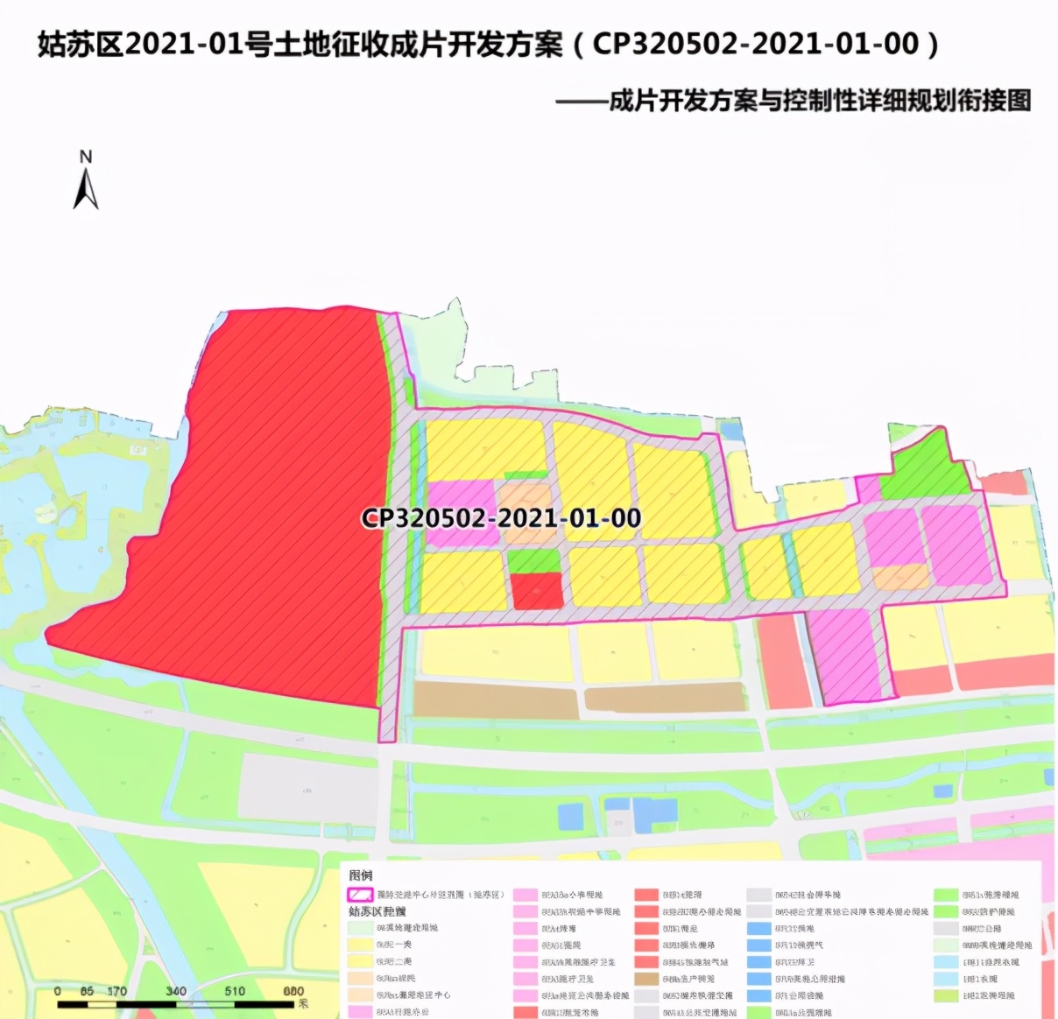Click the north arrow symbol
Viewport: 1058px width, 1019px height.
pyautogui.click(x=86, y=189)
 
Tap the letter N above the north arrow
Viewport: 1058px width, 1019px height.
pyautogui.click(x=86, y=158)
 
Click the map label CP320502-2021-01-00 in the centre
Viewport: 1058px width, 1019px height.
pyautogui.click(x=501, y=518)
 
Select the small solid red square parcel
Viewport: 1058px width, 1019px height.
pyautogui.click(x=536, y=592)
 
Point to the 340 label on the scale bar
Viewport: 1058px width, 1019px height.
pyautogui.click(x=176, y=991)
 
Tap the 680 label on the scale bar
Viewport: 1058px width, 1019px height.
pyautogui.click(x=293, y=991)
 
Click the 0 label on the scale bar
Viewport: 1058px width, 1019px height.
pyautogui.click(x=58, y=991)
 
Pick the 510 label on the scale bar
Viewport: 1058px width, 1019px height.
pyautogui.click(x=235, y=991)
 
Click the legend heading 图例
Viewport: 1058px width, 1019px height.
pyautogui.click(x=361, y=875)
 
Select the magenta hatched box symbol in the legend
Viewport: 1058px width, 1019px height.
pyautogui.click(x=361, y=895)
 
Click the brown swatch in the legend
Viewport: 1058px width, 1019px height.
pyautogui.click(x=646, y=979)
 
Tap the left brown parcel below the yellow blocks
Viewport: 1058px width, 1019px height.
pyautogui.click(x=496, y=700)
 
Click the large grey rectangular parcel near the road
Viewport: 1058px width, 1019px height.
pyautogui.click(x=308, y=786)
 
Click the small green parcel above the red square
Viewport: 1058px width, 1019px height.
pyautogui.click(x=533, y=560)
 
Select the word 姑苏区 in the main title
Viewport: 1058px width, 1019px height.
pyautogui.click(x=80, y=44)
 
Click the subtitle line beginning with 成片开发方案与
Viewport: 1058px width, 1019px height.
pyautogui.click(x=818, y=101)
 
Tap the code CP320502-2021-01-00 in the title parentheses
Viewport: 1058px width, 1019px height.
pyautogui.click(x=755, y=44)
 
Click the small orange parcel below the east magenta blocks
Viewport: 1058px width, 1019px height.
pyautogui.click(x=900, y=577)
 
